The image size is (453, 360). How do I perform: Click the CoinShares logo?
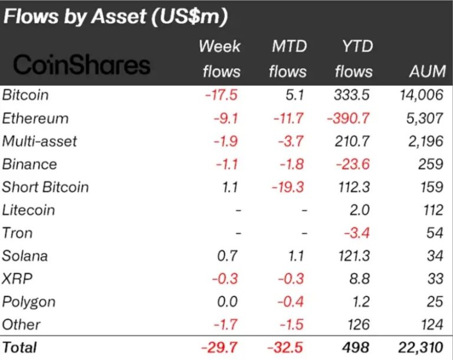[82, 65]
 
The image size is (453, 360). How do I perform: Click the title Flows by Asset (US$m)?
[116, 17]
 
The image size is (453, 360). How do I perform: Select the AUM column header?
[426, 71]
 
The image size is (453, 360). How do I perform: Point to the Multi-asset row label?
[40, 141]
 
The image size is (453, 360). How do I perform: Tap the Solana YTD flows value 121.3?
[352, 256]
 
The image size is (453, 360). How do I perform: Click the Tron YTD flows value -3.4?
[356, 233]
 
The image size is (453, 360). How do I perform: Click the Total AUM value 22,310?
[419, 347]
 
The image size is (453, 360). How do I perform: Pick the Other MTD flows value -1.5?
[292, 325]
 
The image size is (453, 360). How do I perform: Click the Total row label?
[20, 347]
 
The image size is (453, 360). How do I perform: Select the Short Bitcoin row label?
[45, 187]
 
